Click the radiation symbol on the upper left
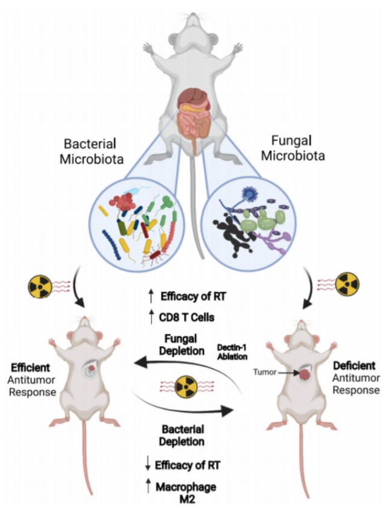(x=43, y=285)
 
